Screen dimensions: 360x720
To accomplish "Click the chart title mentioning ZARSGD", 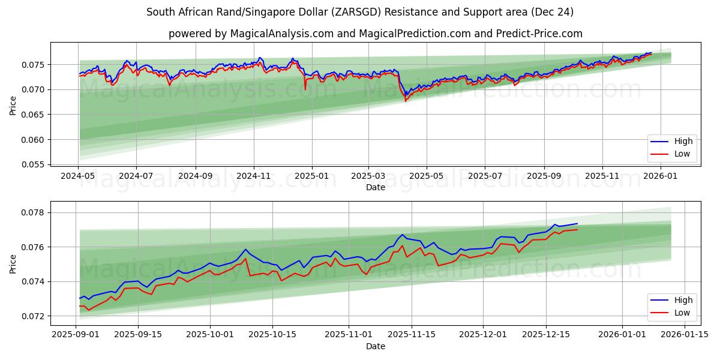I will coord(360,12).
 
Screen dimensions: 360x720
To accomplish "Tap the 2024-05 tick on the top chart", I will coord(78,176).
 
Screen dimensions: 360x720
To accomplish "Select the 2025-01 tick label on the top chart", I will coord(311,176).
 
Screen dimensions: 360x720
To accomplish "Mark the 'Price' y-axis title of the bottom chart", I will coord(13,264).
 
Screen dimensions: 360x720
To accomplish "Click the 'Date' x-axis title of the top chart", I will coord(376,187).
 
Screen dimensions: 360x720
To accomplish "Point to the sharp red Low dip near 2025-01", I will coord(305,89).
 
